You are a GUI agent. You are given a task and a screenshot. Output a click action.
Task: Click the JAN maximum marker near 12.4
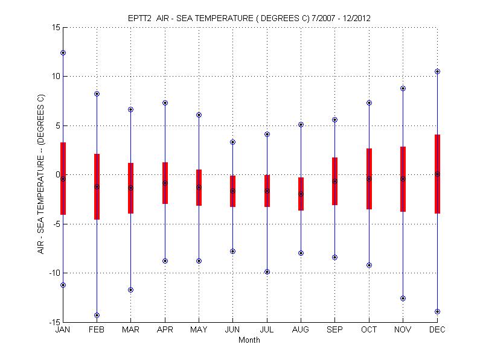63,52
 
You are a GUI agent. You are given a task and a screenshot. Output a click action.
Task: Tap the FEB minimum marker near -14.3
97,315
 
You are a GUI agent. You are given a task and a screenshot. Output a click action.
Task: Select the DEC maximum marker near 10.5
437,71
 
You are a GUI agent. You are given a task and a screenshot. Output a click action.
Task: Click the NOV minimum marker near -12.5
403,298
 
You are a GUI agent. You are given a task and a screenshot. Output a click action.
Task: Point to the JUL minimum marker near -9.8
267,271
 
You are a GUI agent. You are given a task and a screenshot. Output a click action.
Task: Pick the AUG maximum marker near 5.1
301,124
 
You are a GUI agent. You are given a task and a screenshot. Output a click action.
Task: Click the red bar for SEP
334,181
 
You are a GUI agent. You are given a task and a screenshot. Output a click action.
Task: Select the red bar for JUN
232,191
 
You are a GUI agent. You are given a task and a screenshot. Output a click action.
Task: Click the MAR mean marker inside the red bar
130,188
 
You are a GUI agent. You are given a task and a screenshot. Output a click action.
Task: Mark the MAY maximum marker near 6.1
199,115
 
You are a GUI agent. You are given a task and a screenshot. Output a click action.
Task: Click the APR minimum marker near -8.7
165,261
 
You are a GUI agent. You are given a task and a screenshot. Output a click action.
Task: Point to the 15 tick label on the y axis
55,27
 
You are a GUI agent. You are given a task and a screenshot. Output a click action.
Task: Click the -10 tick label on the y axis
53,273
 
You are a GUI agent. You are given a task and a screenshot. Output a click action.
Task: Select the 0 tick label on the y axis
57,174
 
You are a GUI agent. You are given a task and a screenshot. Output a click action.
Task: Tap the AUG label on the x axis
301,330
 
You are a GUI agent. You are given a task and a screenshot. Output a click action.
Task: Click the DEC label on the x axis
437,330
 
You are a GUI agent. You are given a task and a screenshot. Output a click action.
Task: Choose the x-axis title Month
249,340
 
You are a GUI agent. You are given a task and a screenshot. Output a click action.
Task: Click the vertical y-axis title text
41,174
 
